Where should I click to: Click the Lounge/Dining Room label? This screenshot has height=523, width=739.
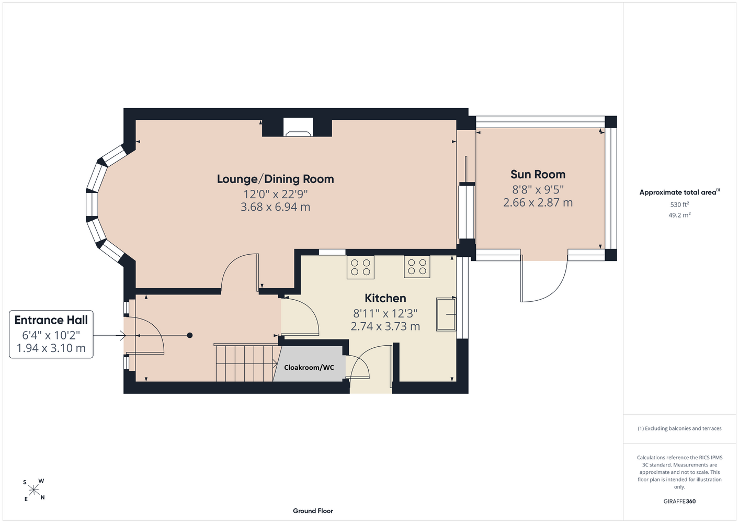coord(276,179)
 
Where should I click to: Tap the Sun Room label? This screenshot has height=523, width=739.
coord(538,174)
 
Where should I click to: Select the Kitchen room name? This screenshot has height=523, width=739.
coord(385,298)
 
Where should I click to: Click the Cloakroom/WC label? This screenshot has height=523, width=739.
coord(309,368)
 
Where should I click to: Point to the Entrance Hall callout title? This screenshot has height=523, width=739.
coord(51,320)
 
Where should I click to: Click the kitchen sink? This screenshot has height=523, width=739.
coord(446,314)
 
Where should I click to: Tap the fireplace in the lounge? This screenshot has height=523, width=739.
coord(298,128)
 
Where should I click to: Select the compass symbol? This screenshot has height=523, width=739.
coord(33,491)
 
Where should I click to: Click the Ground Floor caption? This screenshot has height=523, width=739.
coord(313,511)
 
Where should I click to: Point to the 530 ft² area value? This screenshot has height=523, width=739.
coord(679,204)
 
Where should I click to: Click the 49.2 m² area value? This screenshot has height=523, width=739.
coord(679,215)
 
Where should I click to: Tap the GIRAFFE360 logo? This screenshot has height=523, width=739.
coord(679,502)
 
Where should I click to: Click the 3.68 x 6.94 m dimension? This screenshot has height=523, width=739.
coord(276,207)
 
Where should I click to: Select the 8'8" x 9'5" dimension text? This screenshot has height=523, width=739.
coord(538,190)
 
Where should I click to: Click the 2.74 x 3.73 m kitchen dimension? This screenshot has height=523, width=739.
coord(385,326)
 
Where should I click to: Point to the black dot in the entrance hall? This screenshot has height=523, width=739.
coord(190,336)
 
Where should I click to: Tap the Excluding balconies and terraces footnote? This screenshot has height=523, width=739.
coord(679,429)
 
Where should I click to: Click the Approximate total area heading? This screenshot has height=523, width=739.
coord(679,192)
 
